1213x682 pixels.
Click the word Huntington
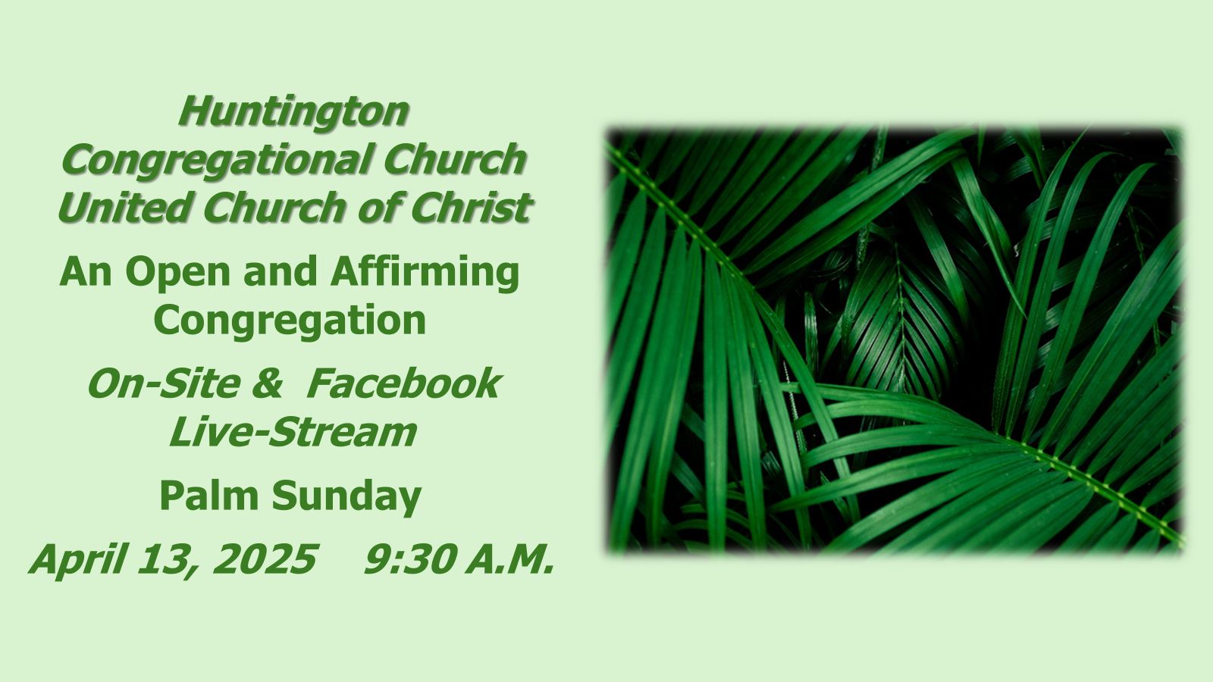pyautogui.click(x=293, y=113)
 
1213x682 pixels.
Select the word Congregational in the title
pyautogui.click(x=218, y=161)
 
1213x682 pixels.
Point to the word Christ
pyautogui.click(x=472, y=208)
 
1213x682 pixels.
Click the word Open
pyautogui.click(x=178, y=273)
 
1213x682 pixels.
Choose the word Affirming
pyautogui.click(x=425, y=273)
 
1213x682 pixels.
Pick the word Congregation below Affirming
pyautogui.click(x=290, y=321)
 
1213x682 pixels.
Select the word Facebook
pyautogui.click(x=403, y=383)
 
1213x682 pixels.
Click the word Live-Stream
pyautogui.click(x=293, y=432)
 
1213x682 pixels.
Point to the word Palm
pyautogui.click(x=209, y=496)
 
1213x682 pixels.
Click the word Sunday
pyautogui.click(x=346, y=497)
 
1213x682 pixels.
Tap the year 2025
pyautogui.click(x=265, y=558)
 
